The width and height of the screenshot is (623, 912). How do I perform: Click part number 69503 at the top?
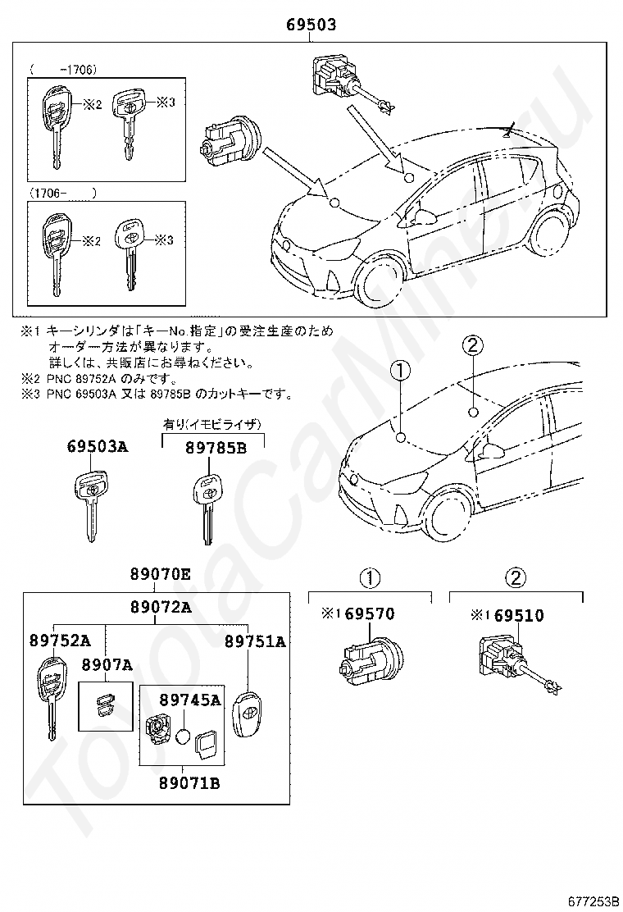(x=311, y=25)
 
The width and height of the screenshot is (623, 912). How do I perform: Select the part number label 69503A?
(x=97, y=447)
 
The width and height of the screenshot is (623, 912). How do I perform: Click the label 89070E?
(x=159, y=576)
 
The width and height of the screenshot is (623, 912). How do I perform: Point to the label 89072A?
(x=161, y=608)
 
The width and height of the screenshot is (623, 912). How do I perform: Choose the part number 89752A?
(x=60, y=641)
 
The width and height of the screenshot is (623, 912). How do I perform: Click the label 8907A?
(x=107, y=665)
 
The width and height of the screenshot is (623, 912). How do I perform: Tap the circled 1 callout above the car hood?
(x=400, y=372)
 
